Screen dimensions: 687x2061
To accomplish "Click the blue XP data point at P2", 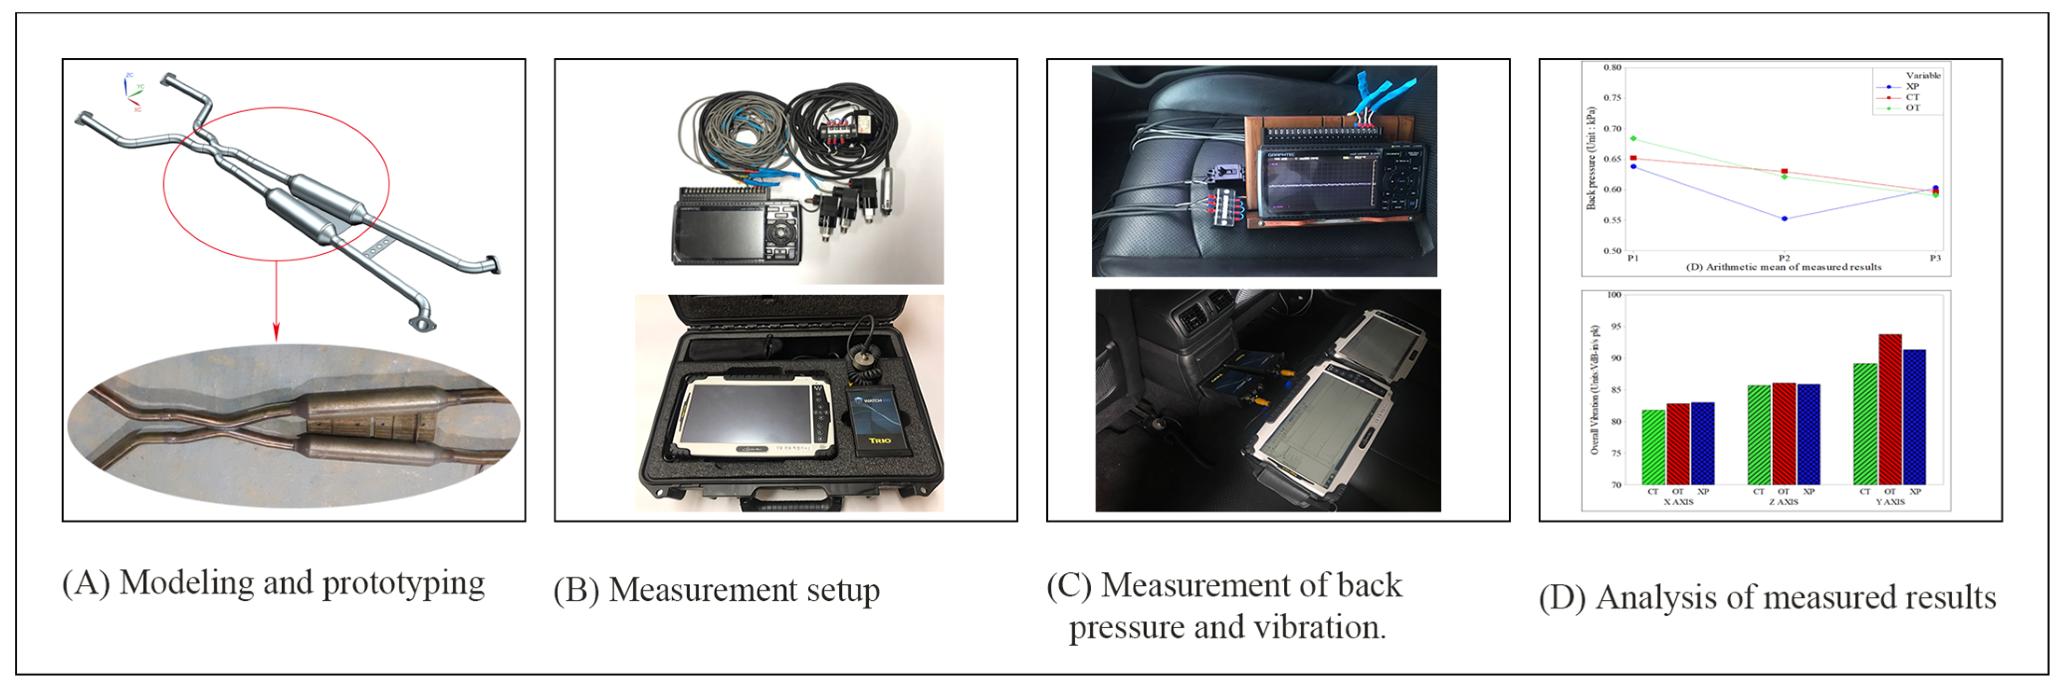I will click(1784, 218).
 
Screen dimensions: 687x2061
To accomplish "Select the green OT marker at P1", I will click(1633, 139).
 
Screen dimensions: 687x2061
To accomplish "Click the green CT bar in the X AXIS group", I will click(1653, 447).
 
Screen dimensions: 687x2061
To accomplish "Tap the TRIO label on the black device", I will click(880, 440).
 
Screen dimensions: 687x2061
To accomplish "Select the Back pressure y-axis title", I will click(1591, 159).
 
